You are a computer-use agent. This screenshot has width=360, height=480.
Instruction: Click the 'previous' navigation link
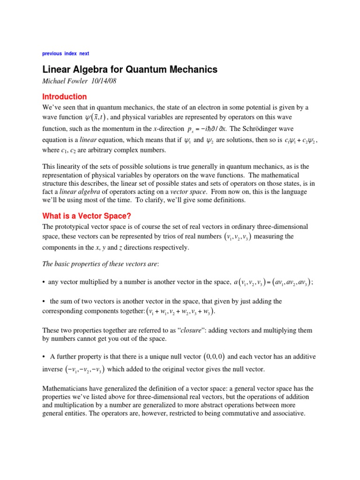point(52,53)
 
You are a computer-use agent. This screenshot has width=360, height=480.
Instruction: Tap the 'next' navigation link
point(84,53)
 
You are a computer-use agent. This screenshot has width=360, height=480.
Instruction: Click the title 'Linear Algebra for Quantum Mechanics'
point(130,69)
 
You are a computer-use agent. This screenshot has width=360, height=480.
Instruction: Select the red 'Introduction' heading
point(65,97)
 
